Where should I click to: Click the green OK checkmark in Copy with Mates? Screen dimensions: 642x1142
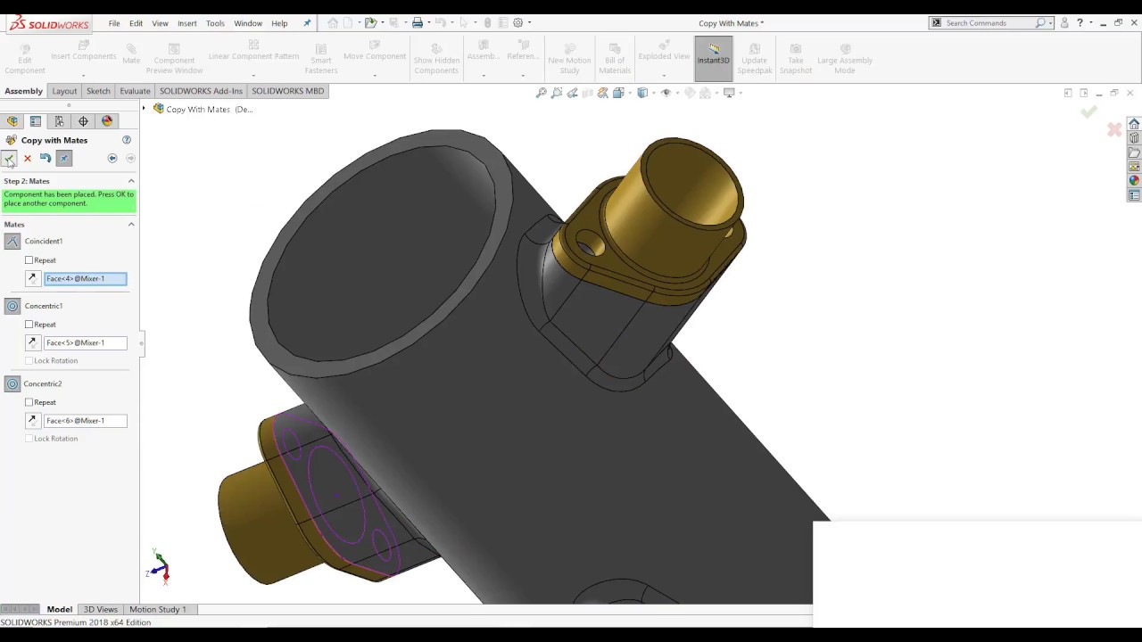click(9, 159)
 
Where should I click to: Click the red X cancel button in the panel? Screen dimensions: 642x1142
click(28, 159)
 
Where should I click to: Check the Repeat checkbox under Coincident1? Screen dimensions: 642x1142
click(29, 260)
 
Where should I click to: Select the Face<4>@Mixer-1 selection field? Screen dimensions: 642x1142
click(85, 279)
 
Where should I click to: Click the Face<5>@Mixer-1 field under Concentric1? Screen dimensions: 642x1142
click(85, 343)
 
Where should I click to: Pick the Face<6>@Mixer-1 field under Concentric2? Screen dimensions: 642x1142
click(85, 421)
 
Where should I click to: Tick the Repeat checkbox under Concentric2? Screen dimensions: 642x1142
click(29, 402)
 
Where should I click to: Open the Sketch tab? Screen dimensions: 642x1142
click(98, 91)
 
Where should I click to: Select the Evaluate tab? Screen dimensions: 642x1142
click(135, 91)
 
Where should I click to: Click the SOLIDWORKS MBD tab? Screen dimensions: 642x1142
click(287, 91)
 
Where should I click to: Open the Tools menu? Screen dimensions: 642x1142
click(215, 23)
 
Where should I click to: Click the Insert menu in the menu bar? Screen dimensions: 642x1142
click(186, 23)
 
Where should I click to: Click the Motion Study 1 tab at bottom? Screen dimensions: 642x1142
click(158, 610)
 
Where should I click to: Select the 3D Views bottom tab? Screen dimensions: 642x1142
click(100, 610)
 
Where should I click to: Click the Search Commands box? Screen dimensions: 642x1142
click(989, 23)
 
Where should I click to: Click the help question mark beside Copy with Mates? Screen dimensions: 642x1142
click(127, 140)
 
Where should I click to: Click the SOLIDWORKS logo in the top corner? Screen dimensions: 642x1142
click(49, 23)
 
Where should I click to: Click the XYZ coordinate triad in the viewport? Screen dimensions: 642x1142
click(160, 567)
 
